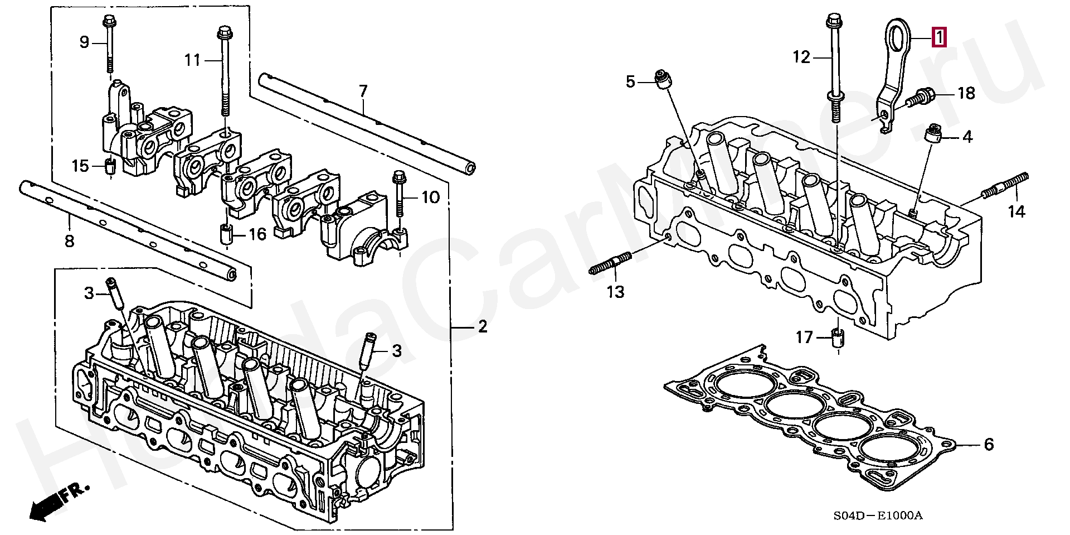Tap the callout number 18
tap(966, 93)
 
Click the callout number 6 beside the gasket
tap(989, 445)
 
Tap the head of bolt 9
tap(108, 23)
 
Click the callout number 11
tap(193, 60)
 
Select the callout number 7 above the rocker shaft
tap(363, 91)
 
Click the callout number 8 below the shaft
tap(69, 241)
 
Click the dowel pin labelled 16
tap(226, 234)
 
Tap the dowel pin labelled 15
tap(110, 166)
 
